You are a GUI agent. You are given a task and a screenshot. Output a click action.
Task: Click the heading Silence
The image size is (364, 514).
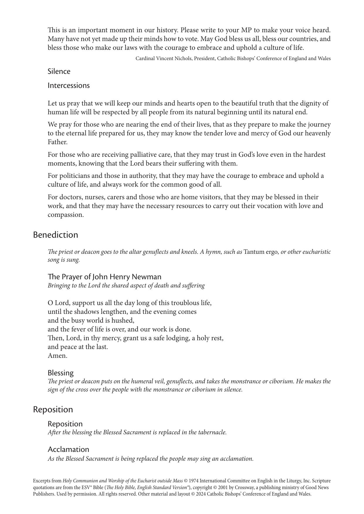click(x=59, y=72)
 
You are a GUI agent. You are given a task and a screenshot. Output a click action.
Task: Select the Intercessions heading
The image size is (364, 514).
click(x=69, y=86)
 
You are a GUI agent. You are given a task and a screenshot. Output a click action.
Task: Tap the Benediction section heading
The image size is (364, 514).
click(x=55, y=235)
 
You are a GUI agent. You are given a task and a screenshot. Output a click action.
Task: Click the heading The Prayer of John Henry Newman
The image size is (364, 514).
click(x=104, y=277)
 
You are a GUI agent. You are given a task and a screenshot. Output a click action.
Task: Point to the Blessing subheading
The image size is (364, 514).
click(x=61, y=373)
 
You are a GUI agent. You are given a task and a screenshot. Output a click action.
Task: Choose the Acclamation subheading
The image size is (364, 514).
click(x=68, y=450)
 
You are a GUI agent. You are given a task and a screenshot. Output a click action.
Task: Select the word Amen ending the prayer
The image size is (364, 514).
click(x=57, y=356)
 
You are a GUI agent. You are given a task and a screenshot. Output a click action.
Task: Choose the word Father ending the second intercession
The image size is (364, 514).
click(x=57, y=142)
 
